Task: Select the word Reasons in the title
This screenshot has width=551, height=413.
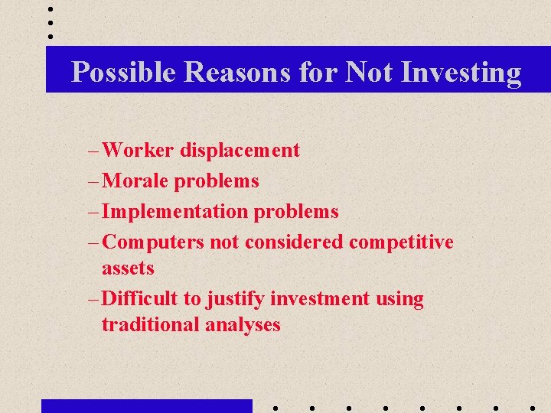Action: pos(236,73)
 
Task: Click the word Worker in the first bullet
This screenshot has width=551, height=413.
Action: pos(139,150)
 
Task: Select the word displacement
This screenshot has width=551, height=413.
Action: pos(240,150)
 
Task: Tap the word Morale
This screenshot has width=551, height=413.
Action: pos(135,180)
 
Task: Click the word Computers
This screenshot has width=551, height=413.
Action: pos(153,242)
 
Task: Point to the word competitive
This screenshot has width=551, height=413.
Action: pos(401,242)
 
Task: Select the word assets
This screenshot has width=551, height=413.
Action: pos(128,268)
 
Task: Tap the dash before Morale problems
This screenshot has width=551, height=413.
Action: pos(93,181)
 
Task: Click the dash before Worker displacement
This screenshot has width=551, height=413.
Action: pos(93,151)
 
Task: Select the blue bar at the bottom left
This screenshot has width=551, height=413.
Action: pos(146,405)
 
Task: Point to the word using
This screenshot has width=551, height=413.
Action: pos(399,298)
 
